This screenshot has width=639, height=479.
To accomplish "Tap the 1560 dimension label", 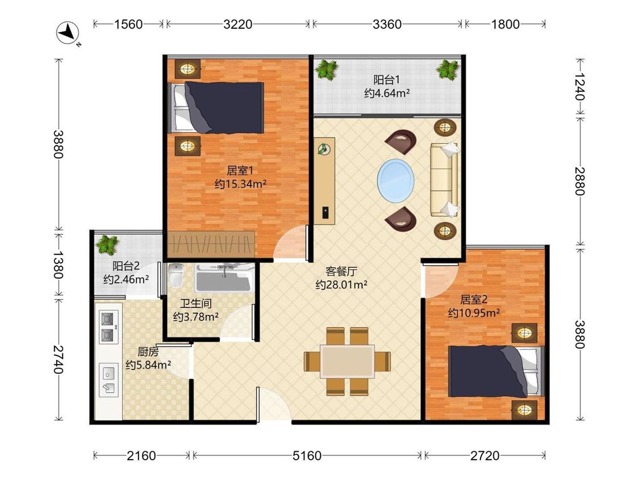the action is click(128, 24).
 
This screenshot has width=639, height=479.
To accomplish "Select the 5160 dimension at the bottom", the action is click(307, 455).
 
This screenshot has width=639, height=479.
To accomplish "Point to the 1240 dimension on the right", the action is click(579, 87).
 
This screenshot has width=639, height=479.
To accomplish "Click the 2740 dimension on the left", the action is click(59, 360).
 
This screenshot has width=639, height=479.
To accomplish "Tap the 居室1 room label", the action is click(240, 170).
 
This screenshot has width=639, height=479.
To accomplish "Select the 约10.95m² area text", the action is click(474, 313).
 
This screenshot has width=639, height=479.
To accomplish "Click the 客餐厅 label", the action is click(341, 271).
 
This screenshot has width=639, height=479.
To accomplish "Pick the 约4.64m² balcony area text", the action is click(387, 93).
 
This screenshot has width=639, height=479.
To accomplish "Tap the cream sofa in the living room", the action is click(444, 179).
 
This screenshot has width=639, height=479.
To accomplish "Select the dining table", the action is click(347, 362).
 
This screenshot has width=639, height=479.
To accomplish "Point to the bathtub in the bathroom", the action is click(224, 278).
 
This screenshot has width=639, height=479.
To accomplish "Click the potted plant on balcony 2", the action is click(107, 245).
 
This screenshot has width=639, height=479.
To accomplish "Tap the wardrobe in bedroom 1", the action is click(211, 245).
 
